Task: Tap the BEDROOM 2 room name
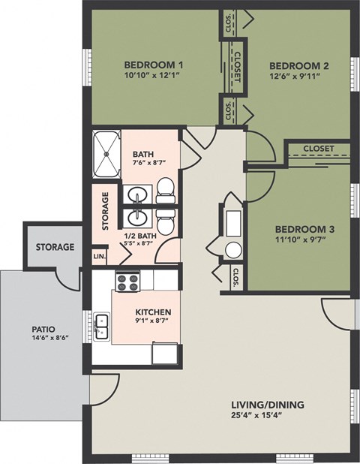[300, 65]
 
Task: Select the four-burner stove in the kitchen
[127, 282]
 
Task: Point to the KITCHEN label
[153, 312]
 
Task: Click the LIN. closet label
[100, 257]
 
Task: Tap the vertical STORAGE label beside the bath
[106, 211]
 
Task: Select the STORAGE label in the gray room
[55, 247]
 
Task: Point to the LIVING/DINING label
[267, 405]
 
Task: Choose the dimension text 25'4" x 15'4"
[267, 417]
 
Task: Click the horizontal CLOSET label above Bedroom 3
[319, 149]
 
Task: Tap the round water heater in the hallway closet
[235, 250]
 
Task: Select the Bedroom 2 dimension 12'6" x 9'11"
[300, 75]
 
